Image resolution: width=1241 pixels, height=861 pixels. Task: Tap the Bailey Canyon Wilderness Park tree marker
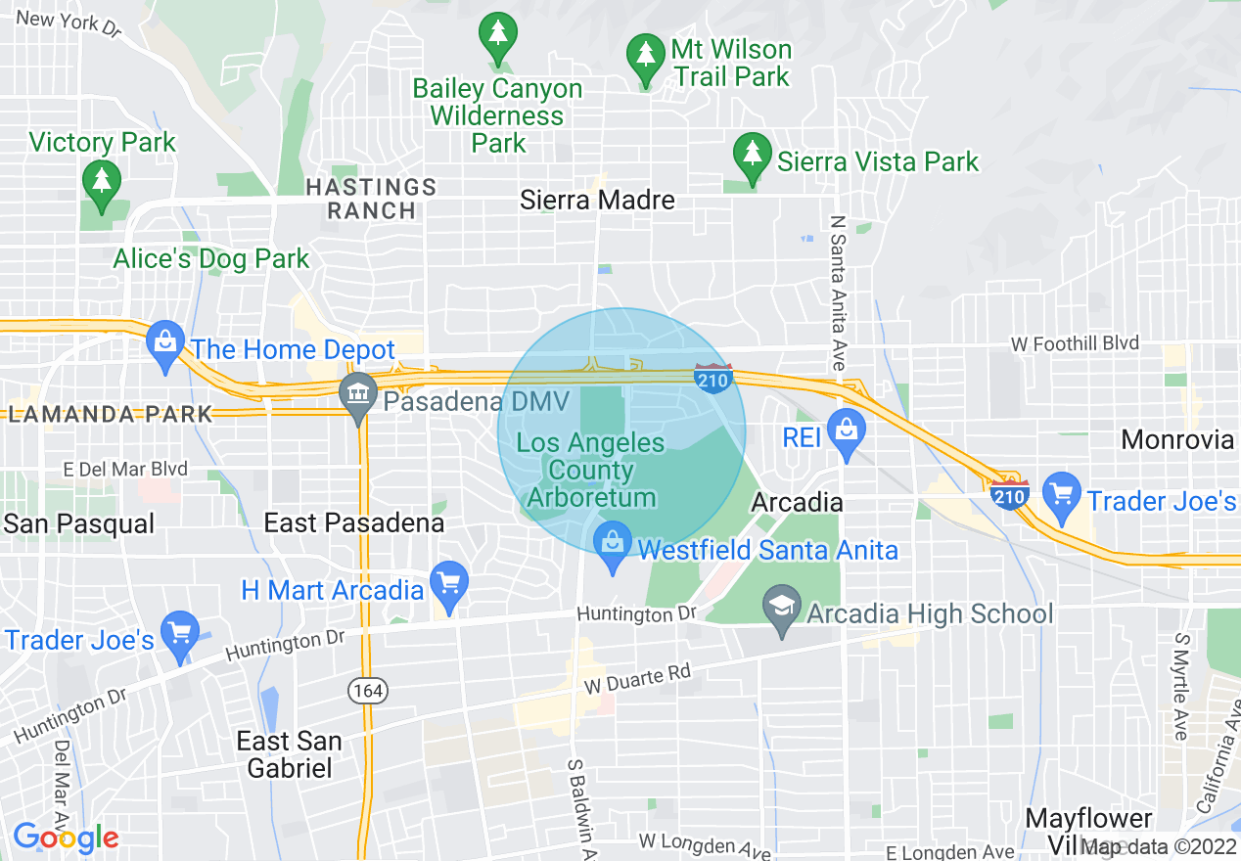(x=498, y=33)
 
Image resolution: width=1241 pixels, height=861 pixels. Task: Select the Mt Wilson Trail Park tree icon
(x=646, y=55)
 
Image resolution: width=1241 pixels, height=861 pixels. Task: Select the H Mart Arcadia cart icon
(x=449, y=584)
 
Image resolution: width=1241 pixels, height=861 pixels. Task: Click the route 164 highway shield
(x=368, y=691)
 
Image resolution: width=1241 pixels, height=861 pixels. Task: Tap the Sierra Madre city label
(x=597, y=201)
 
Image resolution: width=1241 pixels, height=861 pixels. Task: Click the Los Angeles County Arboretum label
(x=591, y=471)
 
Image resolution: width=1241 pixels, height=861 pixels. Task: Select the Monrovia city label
(x=1178, y=439)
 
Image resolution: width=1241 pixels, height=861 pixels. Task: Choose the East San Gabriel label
(x=290, y=754)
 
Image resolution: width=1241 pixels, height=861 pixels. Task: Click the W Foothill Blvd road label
(x=1075, y=343)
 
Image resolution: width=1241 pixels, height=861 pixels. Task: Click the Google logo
(x=65, y=838)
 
